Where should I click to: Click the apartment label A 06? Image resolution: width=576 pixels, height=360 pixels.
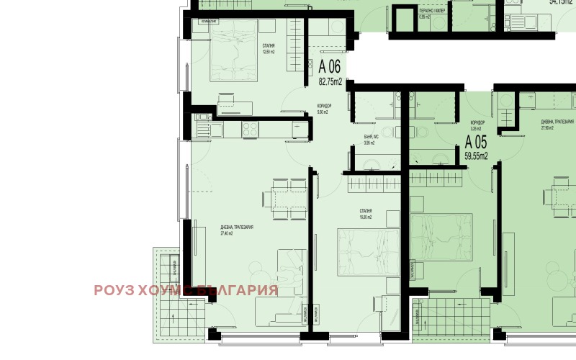[x=329, y=67]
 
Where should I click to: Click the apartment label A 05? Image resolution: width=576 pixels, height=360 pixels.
[x=476, y=141]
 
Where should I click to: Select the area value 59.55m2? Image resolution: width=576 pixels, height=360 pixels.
[x=475, y=154]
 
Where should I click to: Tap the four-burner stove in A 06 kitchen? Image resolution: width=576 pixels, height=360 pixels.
[x=250, y=130]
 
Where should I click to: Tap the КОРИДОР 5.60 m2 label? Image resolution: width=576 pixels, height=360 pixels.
[x=324, y=109]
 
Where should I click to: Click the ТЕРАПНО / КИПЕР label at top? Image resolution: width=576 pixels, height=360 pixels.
[x=432, y=12]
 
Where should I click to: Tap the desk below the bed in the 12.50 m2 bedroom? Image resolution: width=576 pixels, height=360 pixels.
[x=233, y=109]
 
